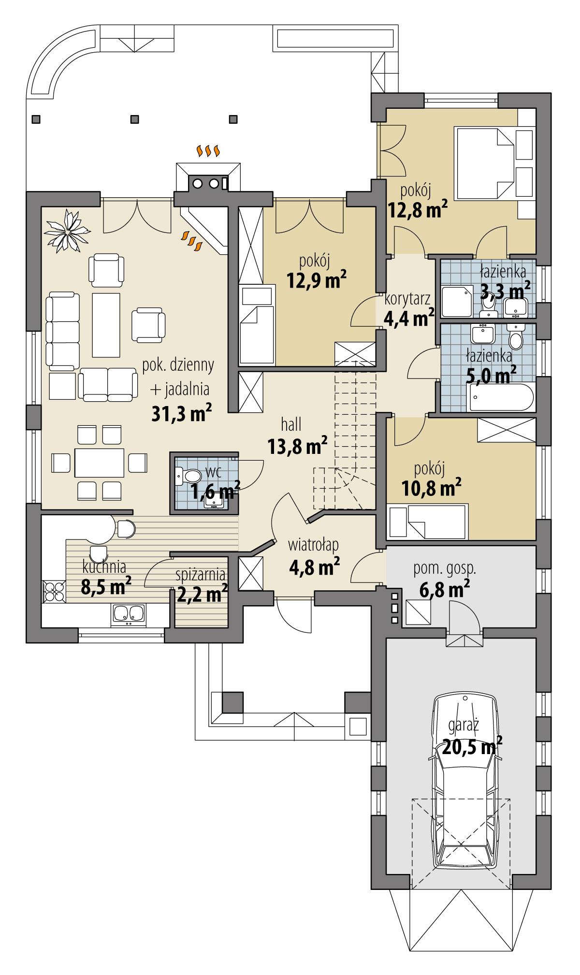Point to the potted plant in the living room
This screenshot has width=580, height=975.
[67, 231]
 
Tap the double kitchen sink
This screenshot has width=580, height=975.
[128, 614]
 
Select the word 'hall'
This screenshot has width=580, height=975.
[291, 425]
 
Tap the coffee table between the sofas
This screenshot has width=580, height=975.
[106, 323]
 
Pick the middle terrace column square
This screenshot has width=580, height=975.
[135, 118]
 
